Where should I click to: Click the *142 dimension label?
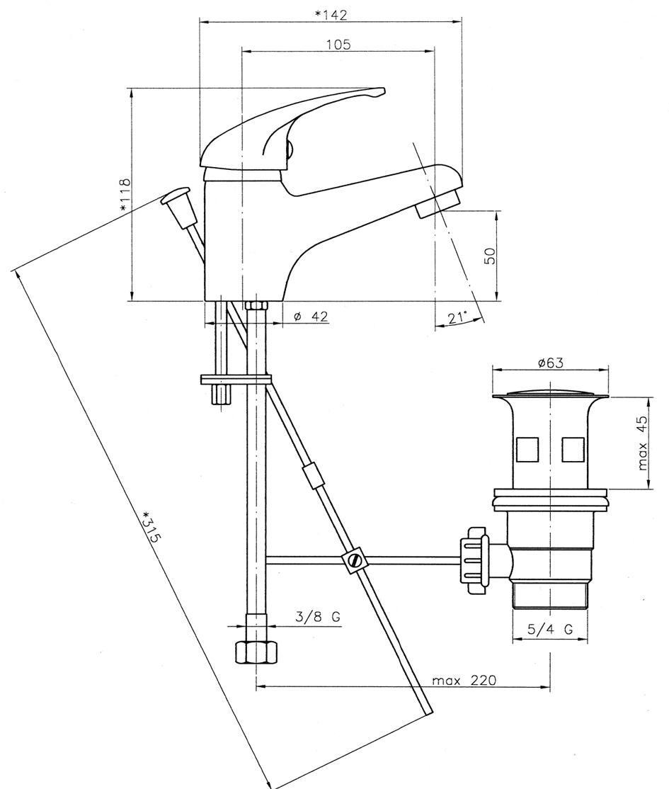[331, 15]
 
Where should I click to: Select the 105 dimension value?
[338, 45]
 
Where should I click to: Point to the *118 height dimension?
[125, 194]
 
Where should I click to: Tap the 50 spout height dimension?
[489, 256]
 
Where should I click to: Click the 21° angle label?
[457, 317]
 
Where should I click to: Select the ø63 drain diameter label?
[550, 363]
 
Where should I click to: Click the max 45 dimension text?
[642, 443]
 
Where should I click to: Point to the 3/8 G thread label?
[317, 616]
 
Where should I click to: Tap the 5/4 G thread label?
[550, 629]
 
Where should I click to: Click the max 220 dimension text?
[464, 681]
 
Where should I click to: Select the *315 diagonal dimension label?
[151, 527]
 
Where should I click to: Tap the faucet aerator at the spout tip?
[439, 202]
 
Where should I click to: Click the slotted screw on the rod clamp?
[354, 560]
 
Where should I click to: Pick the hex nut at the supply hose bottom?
[256, 652]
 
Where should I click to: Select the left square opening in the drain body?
[527, 449]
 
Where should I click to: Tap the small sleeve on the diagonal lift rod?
[314, 475]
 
